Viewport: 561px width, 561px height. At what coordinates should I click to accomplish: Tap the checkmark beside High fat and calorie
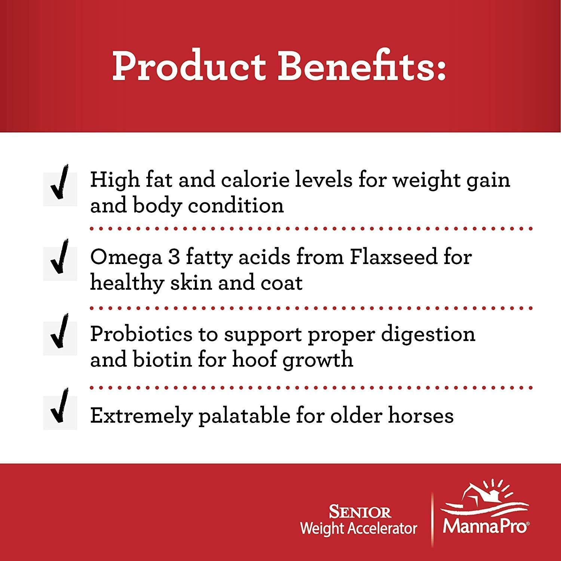(x=60, y=187)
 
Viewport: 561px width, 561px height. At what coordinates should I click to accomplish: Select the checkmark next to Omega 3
(x=60, y=262)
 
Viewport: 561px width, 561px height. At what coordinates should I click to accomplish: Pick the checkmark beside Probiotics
(x=60, y=337)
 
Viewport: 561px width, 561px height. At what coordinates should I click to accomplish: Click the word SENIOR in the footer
(x=360, y=512)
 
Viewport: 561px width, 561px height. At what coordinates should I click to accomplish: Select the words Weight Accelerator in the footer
(x=359, y=528)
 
